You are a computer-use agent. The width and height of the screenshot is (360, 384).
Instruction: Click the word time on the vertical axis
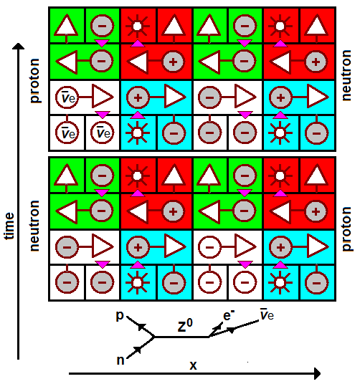point(9,226)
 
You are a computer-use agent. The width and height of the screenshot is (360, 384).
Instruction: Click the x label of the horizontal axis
point(193,365)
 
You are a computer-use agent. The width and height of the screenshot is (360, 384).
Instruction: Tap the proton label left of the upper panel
point(35,80)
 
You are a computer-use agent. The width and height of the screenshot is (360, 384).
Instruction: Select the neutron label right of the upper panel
point(346,75)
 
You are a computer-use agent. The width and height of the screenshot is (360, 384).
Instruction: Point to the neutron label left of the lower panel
point(34,226)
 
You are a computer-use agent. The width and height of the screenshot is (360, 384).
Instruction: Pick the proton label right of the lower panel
point(346,229)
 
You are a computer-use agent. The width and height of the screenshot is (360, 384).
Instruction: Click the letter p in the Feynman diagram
point(120,316)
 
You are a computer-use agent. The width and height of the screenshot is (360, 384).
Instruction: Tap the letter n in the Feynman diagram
point(120,360)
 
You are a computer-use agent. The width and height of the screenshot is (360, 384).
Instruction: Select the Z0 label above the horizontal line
point(185,326)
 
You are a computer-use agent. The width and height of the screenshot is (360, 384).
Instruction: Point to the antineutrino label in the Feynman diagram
point(267,315)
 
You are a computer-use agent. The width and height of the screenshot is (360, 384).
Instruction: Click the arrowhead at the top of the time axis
point(19,47)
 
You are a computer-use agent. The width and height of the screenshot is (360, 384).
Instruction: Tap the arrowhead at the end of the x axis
point(318,373)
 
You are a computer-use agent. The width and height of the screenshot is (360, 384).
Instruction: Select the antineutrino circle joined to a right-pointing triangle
point(67,97)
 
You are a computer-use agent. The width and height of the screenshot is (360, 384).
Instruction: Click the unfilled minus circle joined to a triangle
point(209,247)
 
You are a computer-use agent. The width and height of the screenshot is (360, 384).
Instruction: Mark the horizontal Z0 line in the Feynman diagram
point(181,337)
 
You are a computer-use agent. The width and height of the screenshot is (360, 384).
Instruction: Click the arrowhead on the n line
point(138,350)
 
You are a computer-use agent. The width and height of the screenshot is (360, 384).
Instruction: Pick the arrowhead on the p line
point(141,327)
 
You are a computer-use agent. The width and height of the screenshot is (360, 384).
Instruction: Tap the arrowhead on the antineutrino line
point(231,330)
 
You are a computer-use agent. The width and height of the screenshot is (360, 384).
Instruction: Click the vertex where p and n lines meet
point(154,337)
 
